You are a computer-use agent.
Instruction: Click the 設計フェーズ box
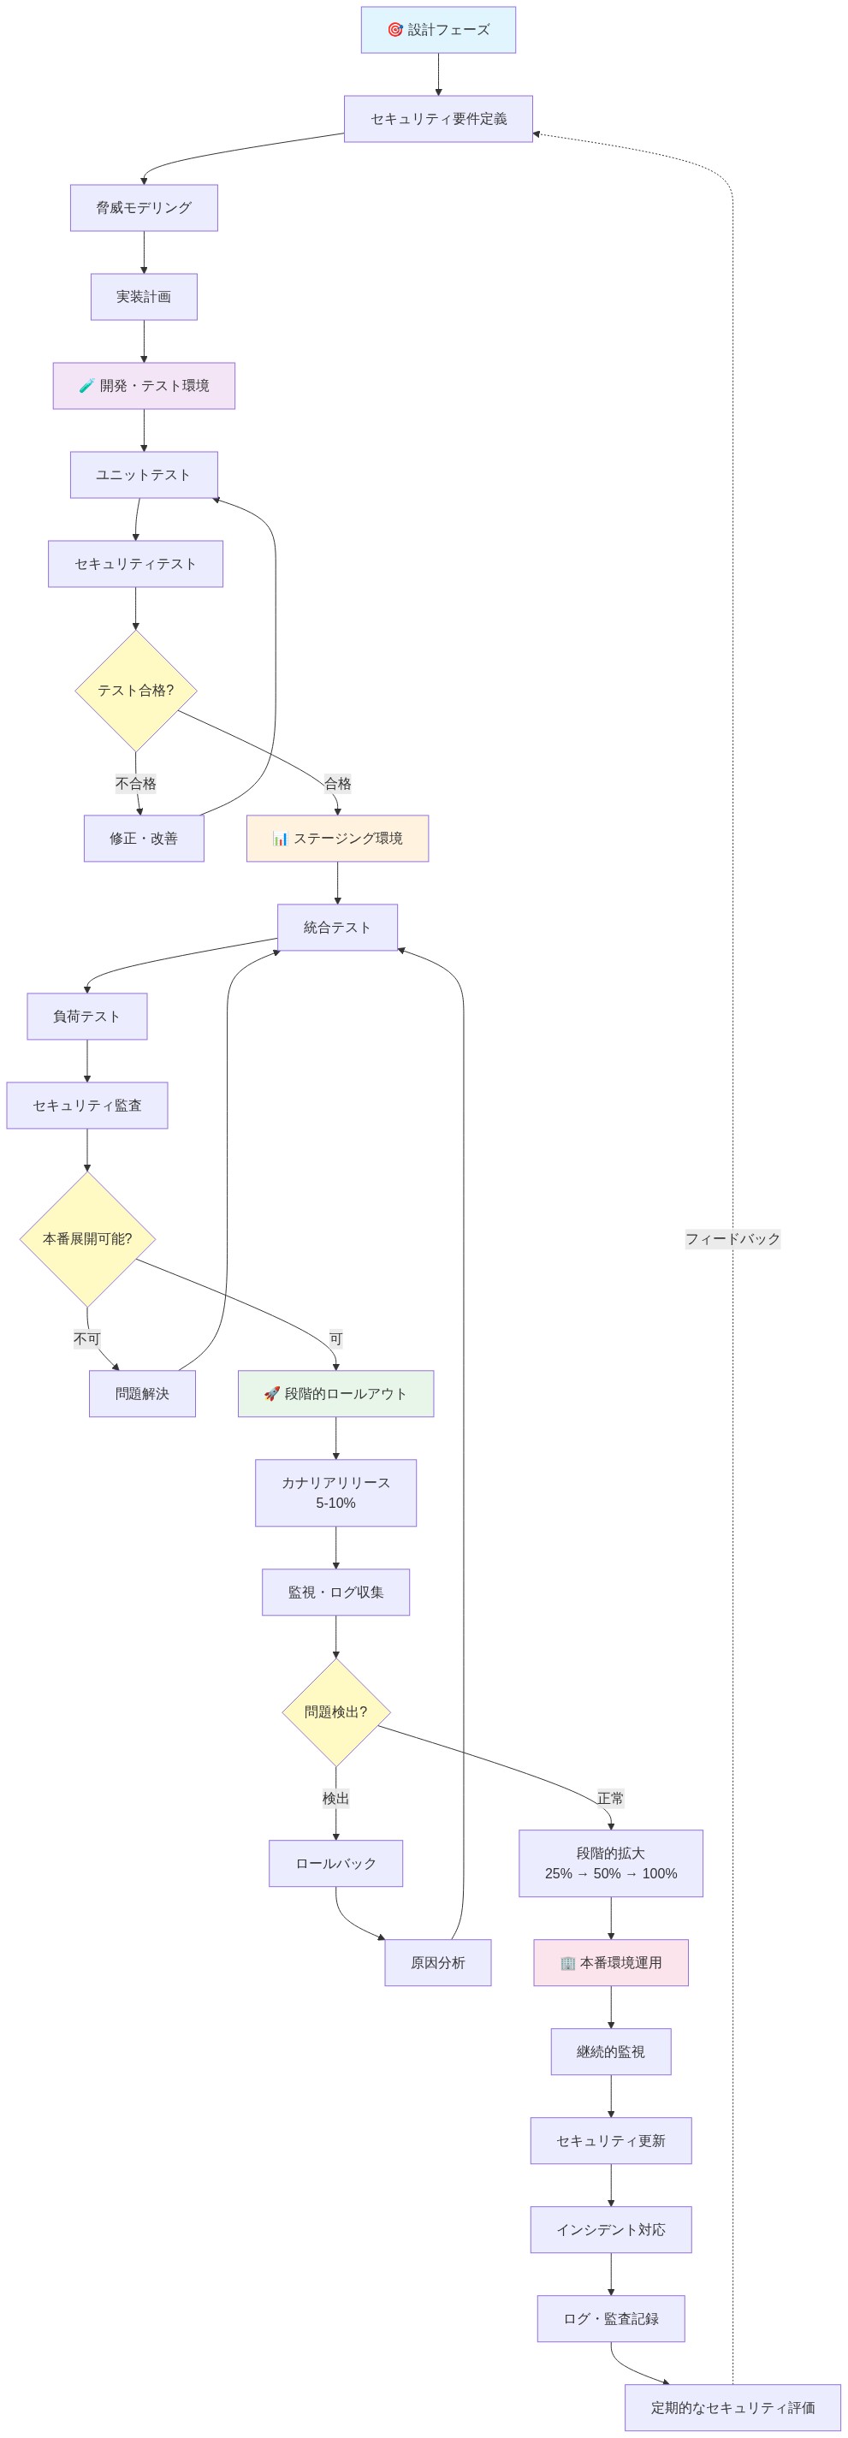pos(438,30)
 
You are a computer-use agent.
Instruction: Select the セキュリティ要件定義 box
pos(438,119)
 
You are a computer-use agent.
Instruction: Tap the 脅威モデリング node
pos(144,208)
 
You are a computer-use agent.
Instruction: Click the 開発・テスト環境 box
pos(144,386)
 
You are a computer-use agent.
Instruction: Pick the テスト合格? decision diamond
pos(136,691)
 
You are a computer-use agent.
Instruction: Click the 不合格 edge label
pos(136,784)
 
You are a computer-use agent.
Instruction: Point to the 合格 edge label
pos(338,784)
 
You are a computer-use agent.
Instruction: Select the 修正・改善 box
pos(144,839)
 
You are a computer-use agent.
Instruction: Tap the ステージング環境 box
pos(338,839)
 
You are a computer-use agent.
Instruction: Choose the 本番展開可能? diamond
pos(87,1239)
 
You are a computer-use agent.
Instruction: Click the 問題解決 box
pos(142,1394)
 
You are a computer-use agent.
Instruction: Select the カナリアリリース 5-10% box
pos(336,1492)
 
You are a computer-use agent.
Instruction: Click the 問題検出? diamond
pos(336,1712)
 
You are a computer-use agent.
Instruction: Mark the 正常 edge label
pos(610,1798)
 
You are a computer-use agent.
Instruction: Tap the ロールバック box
pos(336,1864)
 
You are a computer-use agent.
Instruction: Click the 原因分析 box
pos(438,1963)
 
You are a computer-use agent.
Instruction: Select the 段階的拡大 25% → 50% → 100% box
pos(610,1864)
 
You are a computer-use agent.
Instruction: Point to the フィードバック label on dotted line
pos(732,1239)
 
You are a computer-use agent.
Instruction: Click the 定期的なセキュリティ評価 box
pos(732,2408)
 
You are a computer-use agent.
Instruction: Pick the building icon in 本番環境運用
pos(568,1963)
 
